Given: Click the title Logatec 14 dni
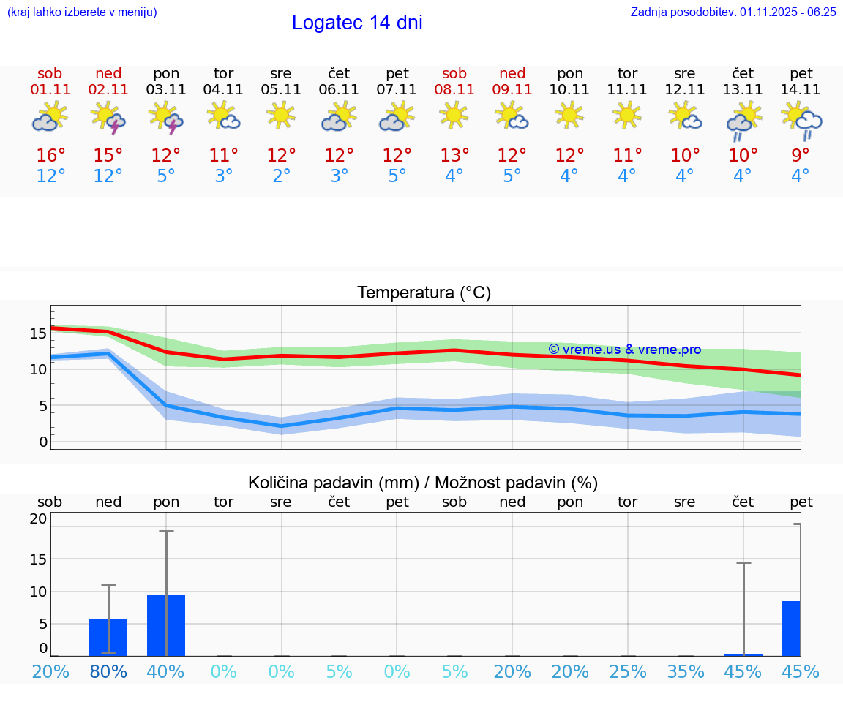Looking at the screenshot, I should click(357, 23).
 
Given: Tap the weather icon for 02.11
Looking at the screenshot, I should click(108, 118).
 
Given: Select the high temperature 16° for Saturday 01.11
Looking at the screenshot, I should click(50, 156).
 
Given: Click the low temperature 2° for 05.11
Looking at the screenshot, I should click(281, 176).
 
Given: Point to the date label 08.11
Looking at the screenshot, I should click(454, 90).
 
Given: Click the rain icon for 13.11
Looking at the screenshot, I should click(743, 121).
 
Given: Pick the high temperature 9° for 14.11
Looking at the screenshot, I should click(801, 156).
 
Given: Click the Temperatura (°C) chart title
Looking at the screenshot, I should click(424, 293).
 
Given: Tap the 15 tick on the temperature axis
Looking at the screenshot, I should click(39, 333).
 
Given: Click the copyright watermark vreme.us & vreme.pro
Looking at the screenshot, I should click(624, 350).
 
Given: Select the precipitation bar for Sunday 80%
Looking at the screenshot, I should click(108, 637).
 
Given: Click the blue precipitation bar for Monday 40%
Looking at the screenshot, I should click(166, 625).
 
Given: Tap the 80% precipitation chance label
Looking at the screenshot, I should click(108, 672).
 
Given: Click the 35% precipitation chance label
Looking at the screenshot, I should click(685, 672).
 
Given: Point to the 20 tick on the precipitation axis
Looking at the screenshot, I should click(39, 519).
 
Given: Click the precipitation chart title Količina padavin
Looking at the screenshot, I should click(423, 483).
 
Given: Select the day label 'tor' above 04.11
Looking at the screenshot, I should click(223, 73).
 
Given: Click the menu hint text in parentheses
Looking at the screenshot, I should click(81, 12).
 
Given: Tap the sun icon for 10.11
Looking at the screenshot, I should click(569, 116).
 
